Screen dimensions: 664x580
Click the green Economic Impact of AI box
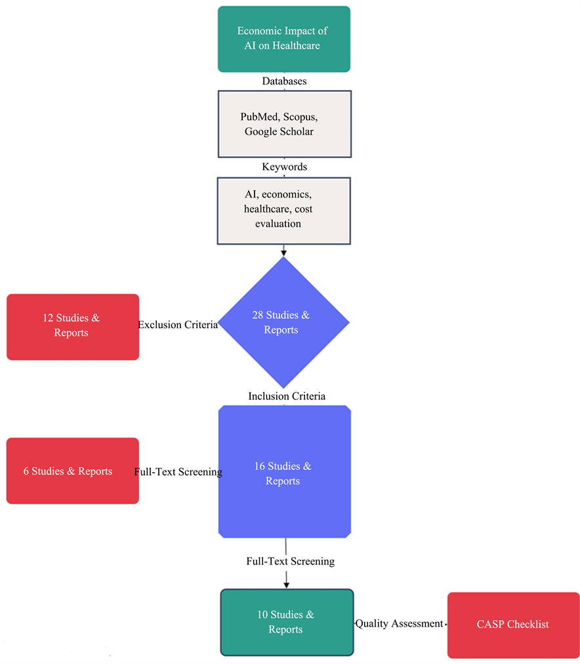[x=283, y=39]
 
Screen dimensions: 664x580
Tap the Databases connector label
[x=284, y=81]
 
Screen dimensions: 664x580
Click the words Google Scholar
[x=279, y=131]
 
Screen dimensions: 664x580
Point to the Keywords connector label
[x=284, y=167]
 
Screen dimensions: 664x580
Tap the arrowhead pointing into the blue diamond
[x=283, y=251]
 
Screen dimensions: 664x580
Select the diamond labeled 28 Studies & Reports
[x=283, y=322]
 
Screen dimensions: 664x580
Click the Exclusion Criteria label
[x=177, y=325]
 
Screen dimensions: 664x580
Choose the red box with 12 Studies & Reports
[x=72, y=326]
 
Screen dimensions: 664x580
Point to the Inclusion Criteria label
[x=287, y=396]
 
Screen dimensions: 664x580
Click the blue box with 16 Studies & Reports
[x=284, y=472]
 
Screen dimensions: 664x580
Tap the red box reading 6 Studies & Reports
[x=72, y=471]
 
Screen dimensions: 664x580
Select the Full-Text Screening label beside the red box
[x=178, y=472]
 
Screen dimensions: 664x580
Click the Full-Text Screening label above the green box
[x=290, y=562]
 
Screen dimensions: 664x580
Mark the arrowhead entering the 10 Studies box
[x=286, y=584]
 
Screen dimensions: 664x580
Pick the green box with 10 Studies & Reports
[x=286, y=622]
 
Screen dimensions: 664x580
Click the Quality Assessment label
[x=399, y=624]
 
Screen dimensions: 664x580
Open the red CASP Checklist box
[x=513, y=625]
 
